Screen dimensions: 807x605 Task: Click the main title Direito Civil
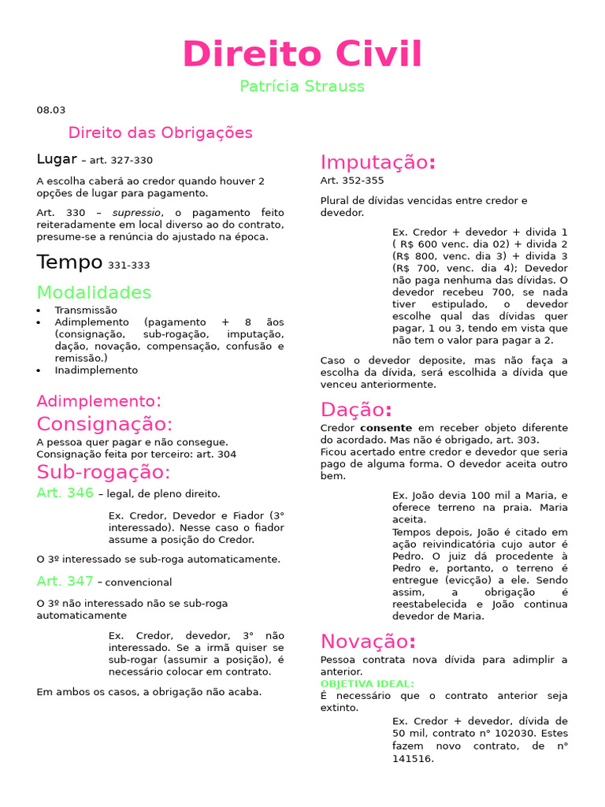point(302,54)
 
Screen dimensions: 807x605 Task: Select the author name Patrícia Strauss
point(302,87)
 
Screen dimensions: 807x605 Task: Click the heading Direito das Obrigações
point(161,132)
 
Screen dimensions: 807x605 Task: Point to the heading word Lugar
point(57,159)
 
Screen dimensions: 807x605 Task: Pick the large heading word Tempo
point(69,262)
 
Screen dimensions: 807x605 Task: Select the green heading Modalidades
point(95,293)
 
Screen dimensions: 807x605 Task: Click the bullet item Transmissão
point(86,311)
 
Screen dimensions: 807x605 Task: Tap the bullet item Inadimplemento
point(96,370)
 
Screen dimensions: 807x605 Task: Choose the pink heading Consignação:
point(105,424)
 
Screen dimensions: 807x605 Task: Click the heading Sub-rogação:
point(103,473)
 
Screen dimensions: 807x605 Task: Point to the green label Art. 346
point(65,493)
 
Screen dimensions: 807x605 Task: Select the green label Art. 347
point(65,582)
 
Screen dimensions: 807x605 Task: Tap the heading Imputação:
point(378,163)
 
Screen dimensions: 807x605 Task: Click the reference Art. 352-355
point(352,180)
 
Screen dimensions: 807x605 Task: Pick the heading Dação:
point(356,411)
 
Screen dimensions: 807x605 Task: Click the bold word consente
point(387,428)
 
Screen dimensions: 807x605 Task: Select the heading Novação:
point(368,641)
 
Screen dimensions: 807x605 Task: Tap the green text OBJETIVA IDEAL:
point(367,684)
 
